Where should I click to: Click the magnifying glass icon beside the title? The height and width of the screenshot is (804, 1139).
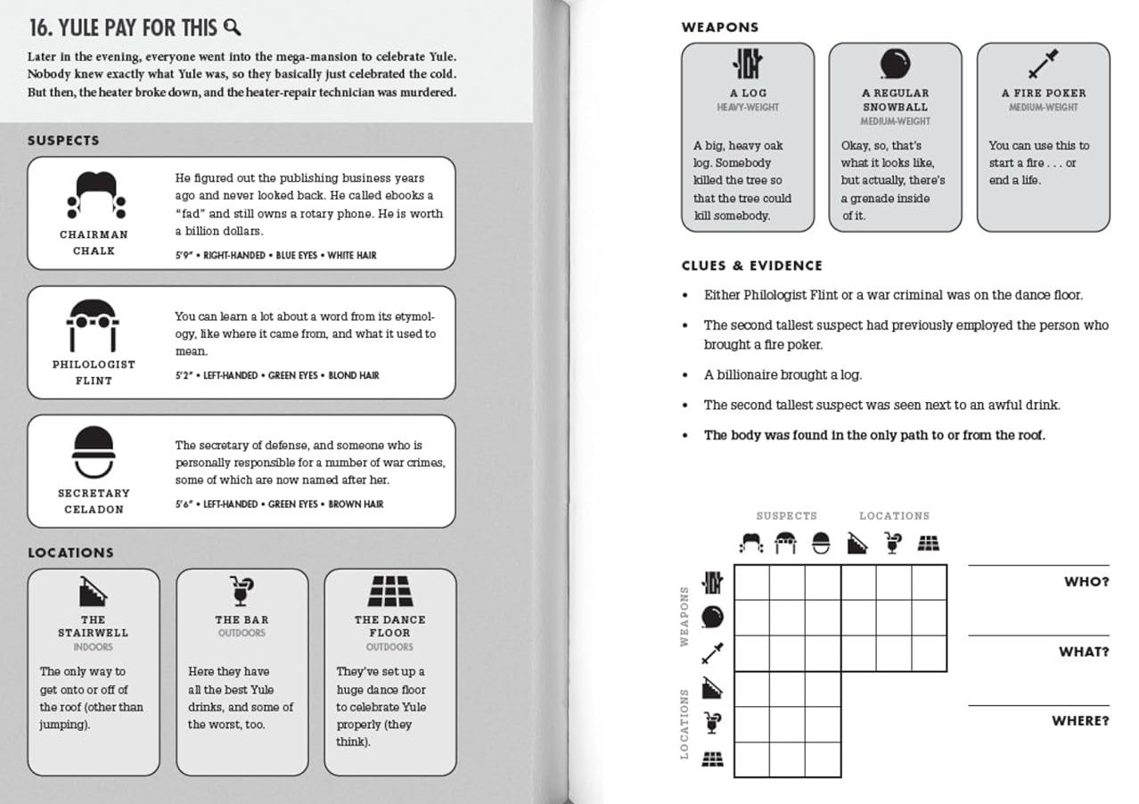click(233, 28)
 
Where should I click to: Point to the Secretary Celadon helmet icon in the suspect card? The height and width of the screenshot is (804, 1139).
click(94, 454)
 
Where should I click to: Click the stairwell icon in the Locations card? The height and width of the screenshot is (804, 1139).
click(94, 591)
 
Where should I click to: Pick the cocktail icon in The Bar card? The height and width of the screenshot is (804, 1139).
click(242, 591)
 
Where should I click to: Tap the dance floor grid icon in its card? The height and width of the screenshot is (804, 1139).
click(390, 591)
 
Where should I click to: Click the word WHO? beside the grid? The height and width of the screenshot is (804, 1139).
click(1086, 582)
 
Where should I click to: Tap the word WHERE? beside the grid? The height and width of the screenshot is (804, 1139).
click(1080, 721)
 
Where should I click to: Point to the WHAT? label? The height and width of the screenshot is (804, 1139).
click(1084, 652)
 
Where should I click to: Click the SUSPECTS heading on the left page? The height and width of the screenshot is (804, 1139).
click(63, 141)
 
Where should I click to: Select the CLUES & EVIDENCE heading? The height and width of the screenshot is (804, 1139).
click(751, 266)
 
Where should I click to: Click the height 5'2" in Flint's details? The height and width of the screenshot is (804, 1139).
click(184, 376)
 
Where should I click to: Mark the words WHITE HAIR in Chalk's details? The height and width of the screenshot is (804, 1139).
click(352, 256)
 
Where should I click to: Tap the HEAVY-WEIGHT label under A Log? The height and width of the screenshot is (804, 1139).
click(748, 108)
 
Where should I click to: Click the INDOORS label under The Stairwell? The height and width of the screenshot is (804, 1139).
click(94, 647)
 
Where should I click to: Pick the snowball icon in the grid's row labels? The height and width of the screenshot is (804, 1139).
click(713, 617)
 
